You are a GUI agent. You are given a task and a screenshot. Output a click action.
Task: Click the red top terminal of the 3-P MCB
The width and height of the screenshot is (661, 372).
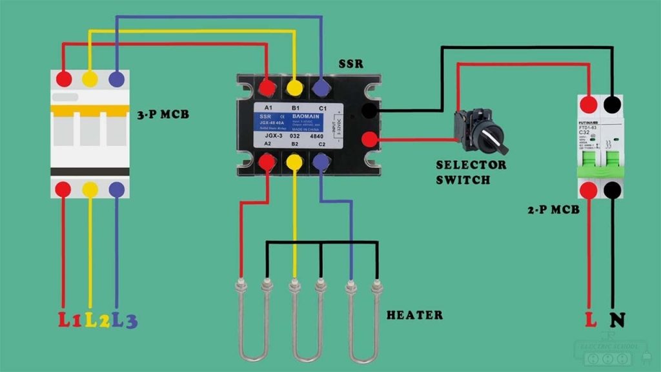coord(64,79)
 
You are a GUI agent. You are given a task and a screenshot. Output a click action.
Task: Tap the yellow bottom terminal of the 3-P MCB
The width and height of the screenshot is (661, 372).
coord(90,189)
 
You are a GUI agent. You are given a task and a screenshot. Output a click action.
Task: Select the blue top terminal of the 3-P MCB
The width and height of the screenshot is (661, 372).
coord(117,79)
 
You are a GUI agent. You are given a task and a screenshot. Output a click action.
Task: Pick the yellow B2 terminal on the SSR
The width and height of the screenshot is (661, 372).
coord(294,163)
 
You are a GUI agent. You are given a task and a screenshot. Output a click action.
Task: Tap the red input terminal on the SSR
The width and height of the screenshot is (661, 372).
coord(369,139)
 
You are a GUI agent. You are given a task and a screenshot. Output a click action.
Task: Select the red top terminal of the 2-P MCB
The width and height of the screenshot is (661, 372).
coord(589,104)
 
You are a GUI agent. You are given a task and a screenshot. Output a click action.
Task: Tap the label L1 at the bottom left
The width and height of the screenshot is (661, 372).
coord(70,320)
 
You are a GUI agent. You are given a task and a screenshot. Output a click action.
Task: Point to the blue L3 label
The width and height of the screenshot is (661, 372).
coord(125,320)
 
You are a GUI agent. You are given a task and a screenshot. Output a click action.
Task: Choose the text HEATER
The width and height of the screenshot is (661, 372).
coord(414,315)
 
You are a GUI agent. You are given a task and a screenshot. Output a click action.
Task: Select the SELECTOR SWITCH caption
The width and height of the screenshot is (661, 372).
coord(471,172)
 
